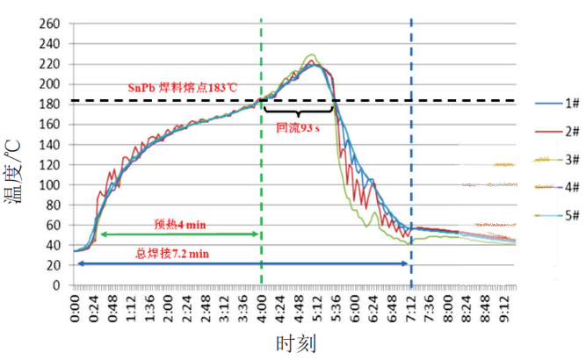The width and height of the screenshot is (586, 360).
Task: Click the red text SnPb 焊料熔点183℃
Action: coord(182,88)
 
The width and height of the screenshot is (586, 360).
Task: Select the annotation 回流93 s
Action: coord(298,126)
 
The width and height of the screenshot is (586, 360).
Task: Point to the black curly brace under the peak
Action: coord(298,112)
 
